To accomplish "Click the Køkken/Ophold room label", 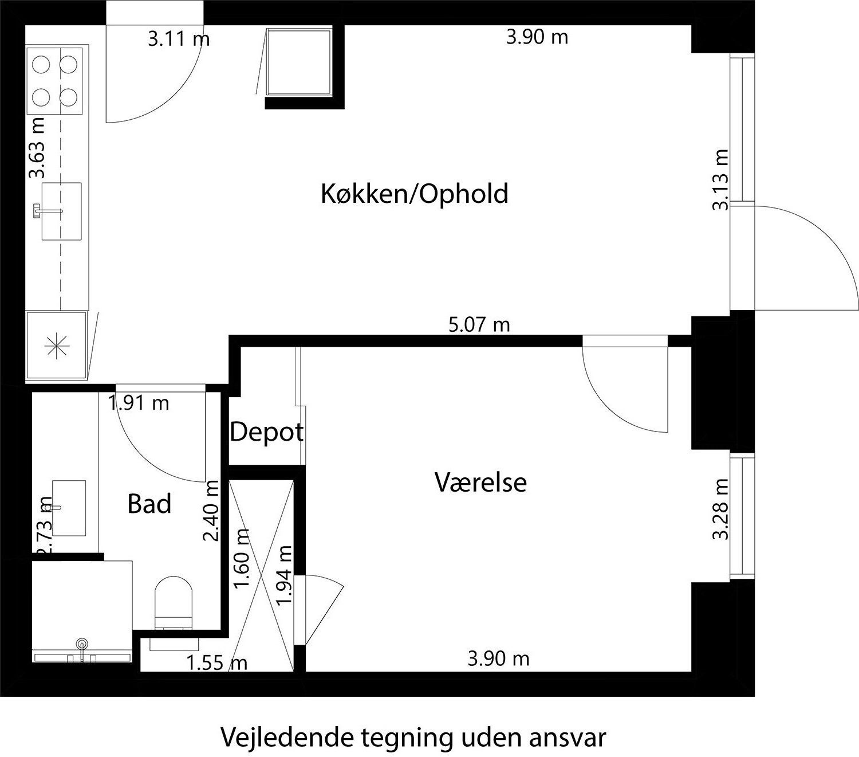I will tap(414, 194).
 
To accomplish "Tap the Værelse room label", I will tap(480, 482).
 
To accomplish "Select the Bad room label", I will tap(149, 504).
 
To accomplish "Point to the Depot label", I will tap(266, 432).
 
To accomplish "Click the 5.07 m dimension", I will tap(479, 325).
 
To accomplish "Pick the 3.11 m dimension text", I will tap(179, 39).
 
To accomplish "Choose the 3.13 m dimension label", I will tap(720, 180).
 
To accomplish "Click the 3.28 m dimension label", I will tap(720, 509).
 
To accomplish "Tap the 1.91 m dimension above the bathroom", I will tap(139, 403).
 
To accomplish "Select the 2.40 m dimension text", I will tap(211, 511).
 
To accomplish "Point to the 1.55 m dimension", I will tap(217, 663).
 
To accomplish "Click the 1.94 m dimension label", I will tap(285, 575).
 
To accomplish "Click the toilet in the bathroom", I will tap(174, 599).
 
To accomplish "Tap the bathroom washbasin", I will tap(69, 508).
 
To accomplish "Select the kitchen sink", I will tap(61, 211).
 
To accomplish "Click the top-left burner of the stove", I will tap(41, 64).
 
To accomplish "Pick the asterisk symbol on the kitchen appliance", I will tap(57, 346).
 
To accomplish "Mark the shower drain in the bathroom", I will tap(84, 644).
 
